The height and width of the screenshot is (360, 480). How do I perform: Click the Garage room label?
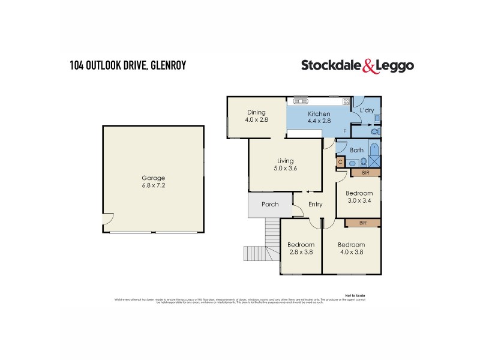tap(154, 178)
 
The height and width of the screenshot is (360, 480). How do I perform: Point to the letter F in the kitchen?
tap(344, 130)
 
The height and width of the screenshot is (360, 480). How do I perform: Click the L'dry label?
tap(366, 111)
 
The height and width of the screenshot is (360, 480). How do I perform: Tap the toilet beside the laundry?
tap(375, 131)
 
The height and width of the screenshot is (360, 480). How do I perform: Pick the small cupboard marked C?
tap(340, 161)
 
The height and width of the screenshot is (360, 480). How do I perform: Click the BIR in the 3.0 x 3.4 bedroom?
tap(365, 173)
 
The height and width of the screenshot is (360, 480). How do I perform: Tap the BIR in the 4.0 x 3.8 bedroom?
tap(363, 223)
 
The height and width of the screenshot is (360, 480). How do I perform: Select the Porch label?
tap(270, 205)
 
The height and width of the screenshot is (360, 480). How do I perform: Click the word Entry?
tap(315, 205)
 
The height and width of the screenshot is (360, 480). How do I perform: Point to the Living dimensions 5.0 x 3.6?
tap(284, 168)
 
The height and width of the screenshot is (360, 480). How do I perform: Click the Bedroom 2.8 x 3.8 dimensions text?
tap(301, 252)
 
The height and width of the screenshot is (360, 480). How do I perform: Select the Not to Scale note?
tap(355, 295)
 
